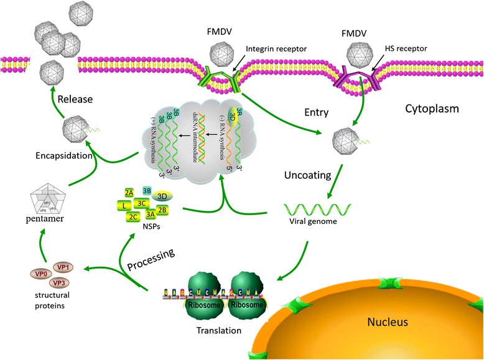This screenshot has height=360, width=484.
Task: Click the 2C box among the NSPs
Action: tap(132, 216)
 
